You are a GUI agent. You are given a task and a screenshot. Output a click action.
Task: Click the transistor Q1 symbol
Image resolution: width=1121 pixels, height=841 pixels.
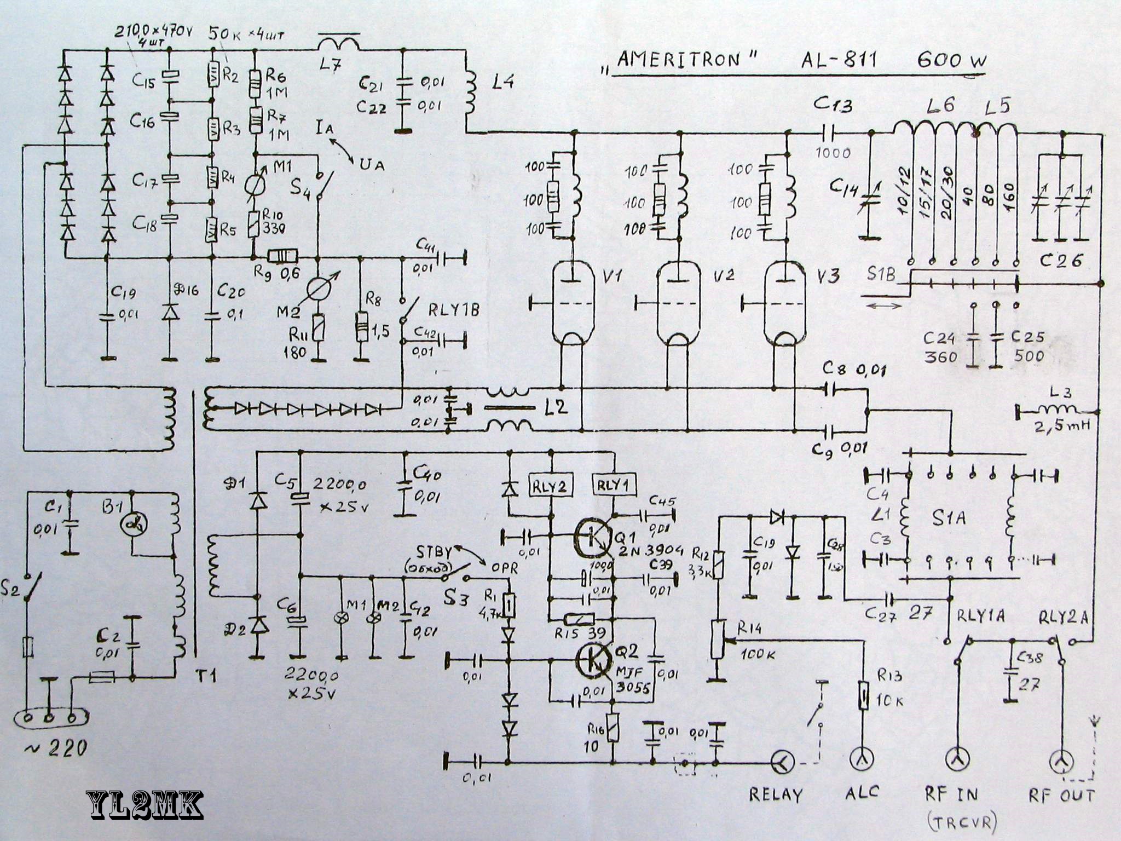coord(592,537)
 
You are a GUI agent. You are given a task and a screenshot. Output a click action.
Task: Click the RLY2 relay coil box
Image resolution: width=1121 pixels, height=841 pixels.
coord(549,486)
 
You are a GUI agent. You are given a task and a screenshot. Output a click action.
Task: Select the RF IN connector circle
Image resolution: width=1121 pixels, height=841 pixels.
coord(958,759)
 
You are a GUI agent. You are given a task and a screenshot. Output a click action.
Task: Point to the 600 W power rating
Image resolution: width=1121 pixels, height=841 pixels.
coord(952,59)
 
